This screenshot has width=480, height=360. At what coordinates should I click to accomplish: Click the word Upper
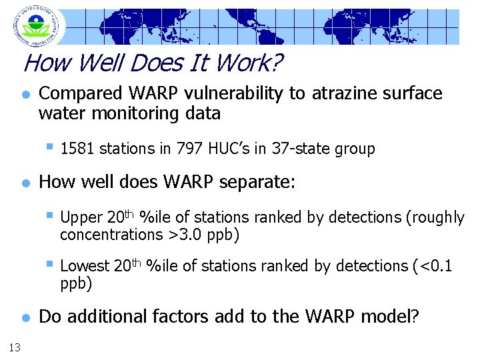81,217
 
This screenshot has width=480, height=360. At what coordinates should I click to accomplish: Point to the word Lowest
85,266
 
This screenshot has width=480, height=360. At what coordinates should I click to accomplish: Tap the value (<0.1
433,266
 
